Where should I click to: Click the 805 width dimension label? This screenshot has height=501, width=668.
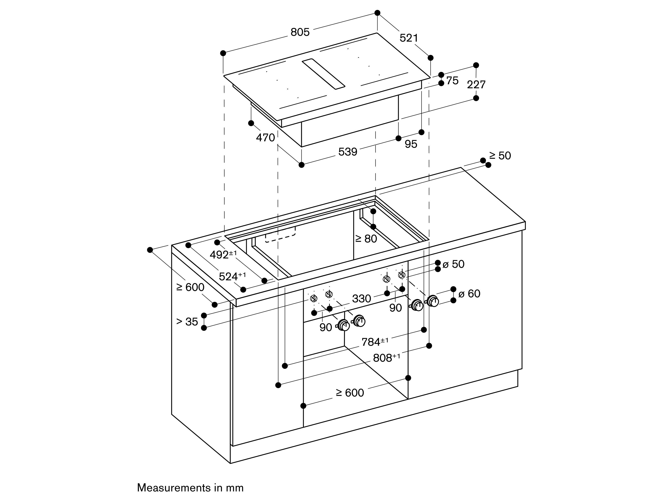coord(300,32)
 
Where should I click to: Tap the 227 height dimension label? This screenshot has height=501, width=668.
coord(476,84)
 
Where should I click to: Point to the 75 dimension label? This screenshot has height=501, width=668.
coord(452,81)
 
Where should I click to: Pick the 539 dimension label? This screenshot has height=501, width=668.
coord(348,152)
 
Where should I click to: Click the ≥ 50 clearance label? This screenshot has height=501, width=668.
coord(500,156)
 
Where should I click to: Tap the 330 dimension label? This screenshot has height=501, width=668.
coord(362,299)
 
